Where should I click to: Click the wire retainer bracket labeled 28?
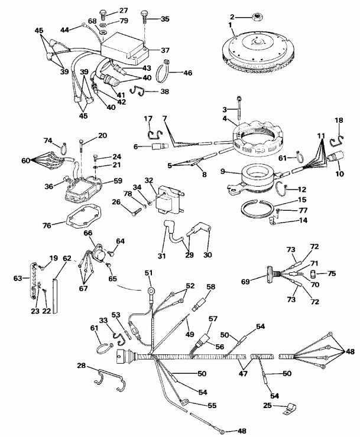pos(111,378)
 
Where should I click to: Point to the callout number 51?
pos(148,272)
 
